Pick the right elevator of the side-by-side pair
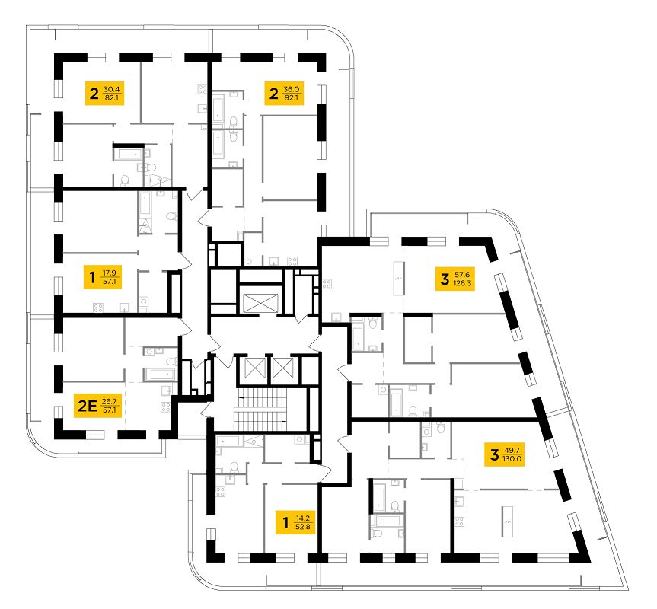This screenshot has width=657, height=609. click(x=282, y=371)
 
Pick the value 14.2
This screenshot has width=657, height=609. click(x=303, y=518)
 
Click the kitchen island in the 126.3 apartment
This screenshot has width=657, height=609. click(x=397, y=279)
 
